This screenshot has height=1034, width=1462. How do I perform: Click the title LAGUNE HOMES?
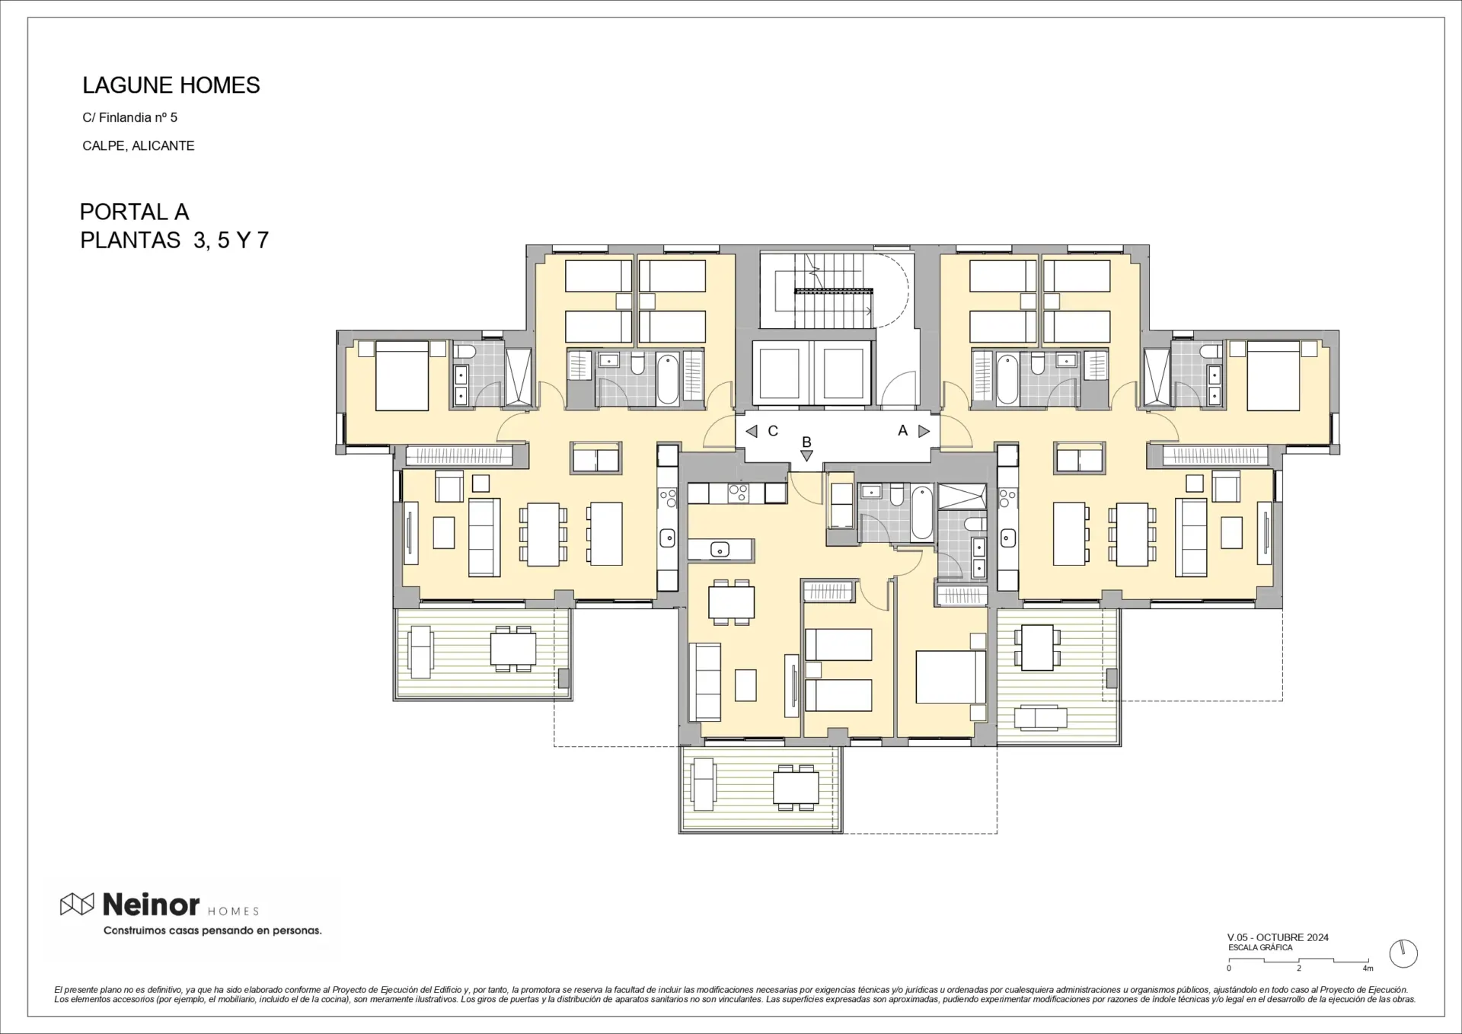click(171, 85)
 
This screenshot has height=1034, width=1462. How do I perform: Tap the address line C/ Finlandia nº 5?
click(130, 117)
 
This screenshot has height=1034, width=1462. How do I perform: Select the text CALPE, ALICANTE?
click(139, 145)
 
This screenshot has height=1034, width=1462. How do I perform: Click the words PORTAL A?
click(134, 212)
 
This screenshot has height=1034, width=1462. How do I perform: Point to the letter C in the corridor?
click(773, 431)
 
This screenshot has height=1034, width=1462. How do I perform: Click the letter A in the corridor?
click(903, 430)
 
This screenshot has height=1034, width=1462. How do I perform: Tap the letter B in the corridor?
click(806, 442)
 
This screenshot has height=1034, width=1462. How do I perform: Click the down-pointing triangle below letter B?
click(806, 455)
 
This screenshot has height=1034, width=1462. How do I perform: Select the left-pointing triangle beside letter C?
click(752, 432)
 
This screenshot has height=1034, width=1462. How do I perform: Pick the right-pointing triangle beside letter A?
click(924, 431)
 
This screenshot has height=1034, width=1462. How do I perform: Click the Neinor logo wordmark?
click(151, 905)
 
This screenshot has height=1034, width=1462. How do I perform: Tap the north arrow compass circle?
click(1403, 953)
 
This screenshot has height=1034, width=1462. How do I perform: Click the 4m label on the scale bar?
click(1368, 969)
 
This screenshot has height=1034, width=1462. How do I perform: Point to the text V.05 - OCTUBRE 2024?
click(1278, 937)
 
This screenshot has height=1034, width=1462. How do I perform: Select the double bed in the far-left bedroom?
click(402, 375)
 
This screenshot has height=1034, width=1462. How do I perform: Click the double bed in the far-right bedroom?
click(1273, 375)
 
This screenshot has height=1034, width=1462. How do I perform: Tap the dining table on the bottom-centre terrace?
click(796, 788)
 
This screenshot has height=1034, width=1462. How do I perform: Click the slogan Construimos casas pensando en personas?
click(212, 930)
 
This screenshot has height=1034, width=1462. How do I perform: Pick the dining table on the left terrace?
click(513, 649)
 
